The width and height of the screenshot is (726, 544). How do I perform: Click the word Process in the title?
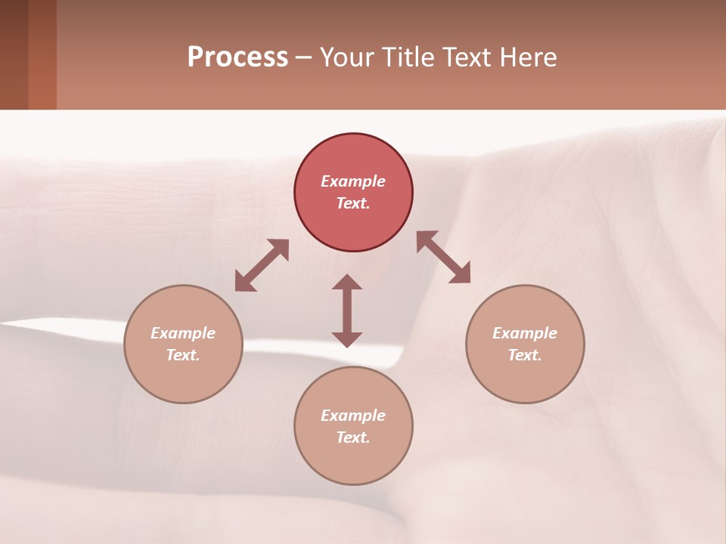tap(237, 57)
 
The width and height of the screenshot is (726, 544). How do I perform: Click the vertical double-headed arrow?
tap(347, 311)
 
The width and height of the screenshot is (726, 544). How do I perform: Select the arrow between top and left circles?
tap(262, 265)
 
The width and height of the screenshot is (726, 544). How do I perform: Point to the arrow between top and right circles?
tap(444, 257)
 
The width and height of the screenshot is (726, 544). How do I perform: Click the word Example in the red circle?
tap(353, 181)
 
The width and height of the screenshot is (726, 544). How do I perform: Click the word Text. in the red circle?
tap(353, 203)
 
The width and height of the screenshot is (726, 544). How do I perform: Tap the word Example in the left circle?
tap(183, 333)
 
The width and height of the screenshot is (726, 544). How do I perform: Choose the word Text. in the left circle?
tap(183, 355)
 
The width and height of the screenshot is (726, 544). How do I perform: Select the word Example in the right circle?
tap(525, 333)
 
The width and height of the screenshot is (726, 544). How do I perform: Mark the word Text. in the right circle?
tap(525, 355)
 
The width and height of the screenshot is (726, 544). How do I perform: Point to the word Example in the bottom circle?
tap(353, 416)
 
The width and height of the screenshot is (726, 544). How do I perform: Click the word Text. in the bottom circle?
tap(353, 437)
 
